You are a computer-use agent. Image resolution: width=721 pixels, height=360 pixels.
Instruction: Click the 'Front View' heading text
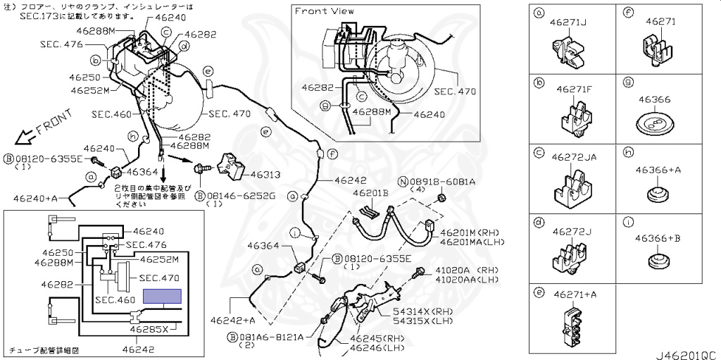pos(324,11)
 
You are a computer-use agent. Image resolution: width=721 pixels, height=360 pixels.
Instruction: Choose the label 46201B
pos(370,193)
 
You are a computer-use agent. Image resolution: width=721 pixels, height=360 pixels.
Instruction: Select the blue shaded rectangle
pos(162,296)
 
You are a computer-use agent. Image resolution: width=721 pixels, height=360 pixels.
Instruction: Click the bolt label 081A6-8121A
pos(270,337)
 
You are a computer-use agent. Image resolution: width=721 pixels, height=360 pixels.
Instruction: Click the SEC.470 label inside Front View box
pos(455,92)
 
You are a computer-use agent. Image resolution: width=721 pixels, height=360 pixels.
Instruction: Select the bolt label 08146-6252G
pos(239,195)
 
